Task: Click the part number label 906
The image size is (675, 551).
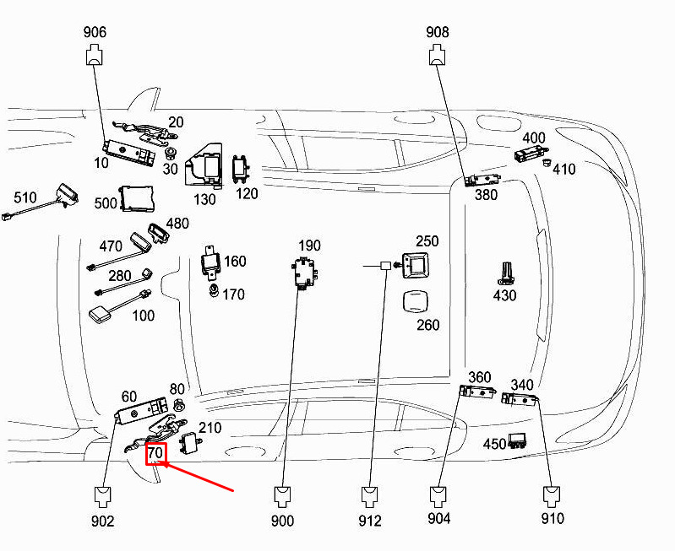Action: coord(95,32)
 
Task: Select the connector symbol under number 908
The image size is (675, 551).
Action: coord(438,56)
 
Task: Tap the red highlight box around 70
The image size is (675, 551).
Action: coord(155,453)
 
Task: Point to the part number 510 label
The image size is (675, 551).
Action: coord(25,197)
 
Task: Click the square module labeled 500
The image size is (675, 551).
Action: coord(137,199)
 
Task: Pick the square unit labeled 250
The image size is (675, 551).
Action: coord(416,266)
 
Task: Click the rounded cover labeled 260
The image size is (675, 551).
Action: coord(416,301)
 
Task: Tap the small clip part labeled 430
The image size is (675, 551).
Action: coord(507,273)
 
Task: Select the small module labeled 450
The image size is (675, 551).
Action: coord(517,440)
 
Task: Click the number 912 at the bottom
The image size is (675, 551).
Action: coord(370,521)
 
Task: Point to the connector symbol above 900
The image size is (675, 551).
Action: coord(282,496)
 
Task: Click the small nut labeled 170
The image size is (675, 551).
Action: coord(213,291)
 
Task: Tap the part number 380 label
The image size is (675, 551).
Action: coord(486,195)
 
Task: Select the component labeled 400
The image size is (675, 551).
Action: coord(531,154)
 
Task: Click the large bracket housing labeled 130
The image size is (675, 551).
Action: coord(204,166)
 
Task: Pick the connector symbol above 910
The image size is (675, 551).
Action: coord(552,496)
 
